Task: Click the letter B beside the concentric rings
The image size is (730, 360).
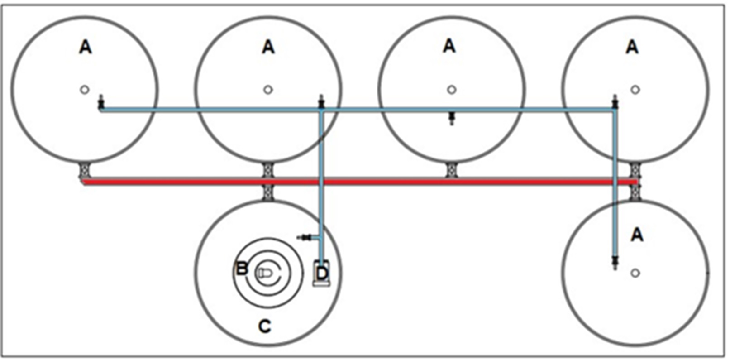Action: (242, 269)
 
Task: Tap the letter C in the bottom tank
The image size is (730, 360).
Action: (264, 326)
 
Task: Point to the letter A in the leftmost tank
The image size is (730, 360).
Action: (86, 47)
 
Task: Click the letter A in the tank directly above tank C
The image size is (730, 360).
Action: (268, 47)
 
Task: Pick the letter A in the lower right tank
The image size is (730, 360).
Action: (637, 235)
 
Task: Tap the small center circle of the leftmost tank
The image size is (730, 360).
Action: (85, 90)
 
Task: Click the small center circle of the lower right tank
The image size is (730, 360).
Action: (635, 273)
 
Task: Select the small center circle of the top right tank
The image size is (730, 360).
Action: (635, 90)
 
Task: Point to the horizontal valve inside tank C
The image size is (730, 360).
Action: (305, 237)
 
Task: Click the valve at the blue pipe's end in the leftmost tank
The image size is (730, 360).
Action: (101, 102)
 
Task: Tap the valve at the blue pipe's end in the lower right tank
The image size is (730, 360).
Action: (615, 262)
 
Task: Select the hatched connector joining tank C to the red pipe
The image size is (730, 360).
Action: (267, 193)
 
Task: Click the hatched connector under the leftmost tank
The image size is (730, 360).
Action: (85, 171)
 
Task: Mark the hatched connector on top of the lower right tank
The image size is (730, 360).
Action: (635, 193)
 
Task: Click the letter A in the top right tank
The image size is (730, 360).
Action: (632, 47)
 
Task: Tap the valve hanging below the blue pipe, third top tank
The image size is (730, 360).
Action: (451, 118)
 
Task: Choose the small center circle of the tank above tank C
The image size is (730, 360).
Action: (268, 90)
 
